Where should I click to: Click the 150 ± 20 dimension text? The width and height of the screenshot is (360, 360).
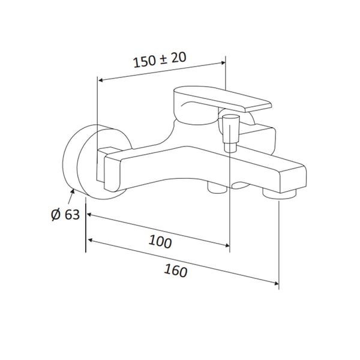coord(160,59)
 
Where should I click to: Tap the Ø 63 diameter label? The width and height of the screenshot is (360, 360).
coord(65,215)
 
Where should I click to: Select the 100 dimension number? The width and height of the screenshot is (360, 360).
coord(160,241)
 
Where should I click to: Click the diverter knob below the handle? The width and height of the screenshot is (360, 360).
coord(231,133)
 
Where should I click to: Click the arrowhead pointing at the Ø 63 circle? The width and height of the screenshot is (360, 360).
coord(73,191)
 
